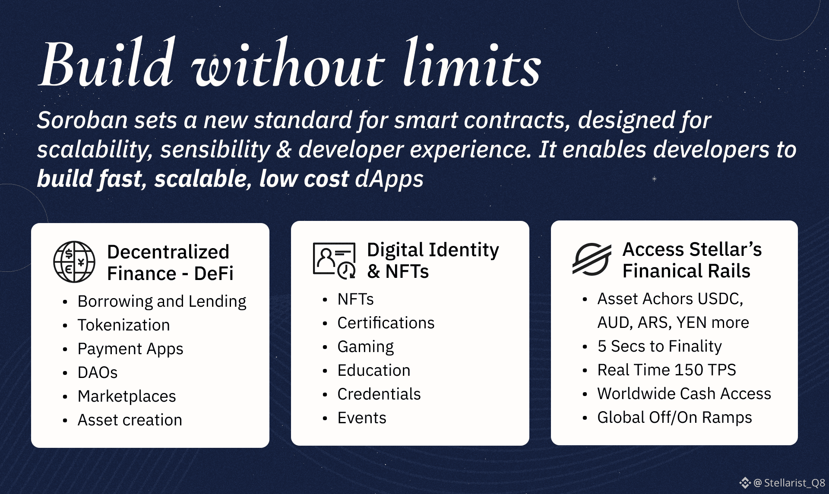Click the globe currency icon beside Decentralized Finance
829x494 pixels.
[74, 262]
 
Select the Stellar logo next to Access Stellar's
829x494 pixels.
[592, 259]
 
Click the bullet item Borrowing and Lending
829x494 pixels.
[162, 301]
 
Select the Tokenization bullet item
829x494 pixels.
[124, 325]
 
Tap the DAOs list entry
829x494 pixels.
[98, 372]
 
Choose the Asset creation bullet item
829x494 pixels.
[130, 420]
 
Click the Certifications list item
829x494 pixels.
[386, 323]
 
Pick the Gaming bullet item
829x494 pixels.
[366, 347]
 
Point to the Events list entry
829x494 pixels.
[362, 418]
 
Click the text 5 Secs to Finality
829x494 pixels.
[660, 346]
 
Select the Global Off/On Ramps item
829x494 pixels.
[675, 417]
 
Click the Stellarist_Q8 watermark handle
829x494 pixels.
[794, 483]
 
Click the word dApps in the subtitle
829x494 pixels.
[389, 179]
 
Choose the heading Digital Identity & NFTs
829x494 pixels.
[433, 261]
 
